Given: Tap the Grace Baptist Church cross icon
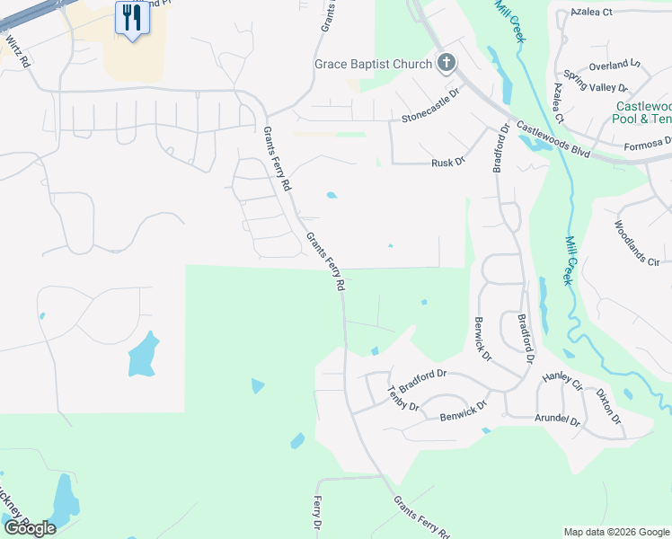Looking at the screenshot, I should tap(446, 63).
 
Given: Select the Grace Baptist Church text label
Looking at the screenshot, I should tap(373, 64).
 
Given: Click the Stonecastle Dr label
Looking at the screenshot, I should tap(430, 117).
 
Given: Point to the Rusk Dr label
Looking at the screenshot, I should tap(447, 163).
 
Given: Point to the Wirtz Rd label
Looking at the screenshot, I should tap(18, 50).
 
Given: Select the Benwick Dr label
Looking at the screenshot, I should tap(463, 417).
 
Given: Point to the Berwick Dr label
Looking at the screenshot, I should tap(481, 337).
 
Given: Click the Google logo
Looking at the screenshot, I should tap(30, 527).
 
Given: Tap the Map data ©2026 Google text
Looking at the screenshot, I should tap(615, 532).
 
